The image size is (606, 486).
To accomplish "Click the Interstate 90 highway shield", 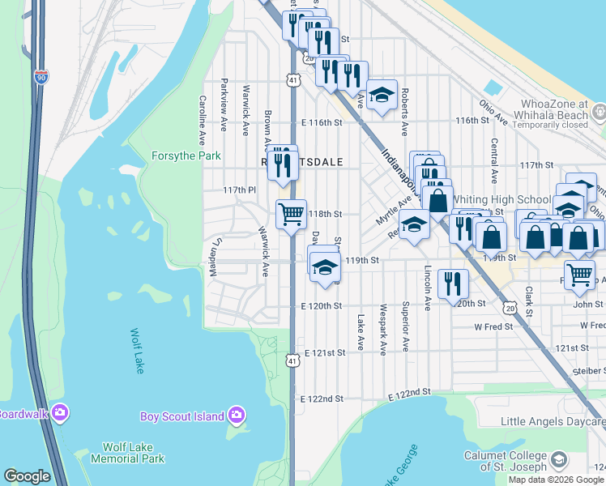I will (x=41, y=77).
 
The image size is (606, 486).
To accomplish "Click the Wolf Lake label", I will (x=136, y=351).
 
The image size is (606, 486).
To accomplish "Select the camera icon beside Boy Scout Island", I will (x=237, y=416).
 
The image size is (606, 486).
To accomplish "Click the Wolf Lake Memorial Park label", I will (x=134, y=453).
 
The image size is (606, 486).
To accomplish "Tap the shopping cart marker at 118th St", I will (x=291, y=215).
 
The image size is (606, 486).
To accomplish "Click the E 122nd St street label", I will (x=322, y=399).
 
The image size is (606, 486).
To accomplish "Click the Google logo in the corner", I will (x=27, y=476).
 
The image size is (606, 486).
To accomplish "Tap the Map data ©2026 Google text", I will (x=555, y=480).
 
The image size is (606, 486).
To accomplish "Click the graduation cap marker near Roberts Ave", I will (x=382, y=95).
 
